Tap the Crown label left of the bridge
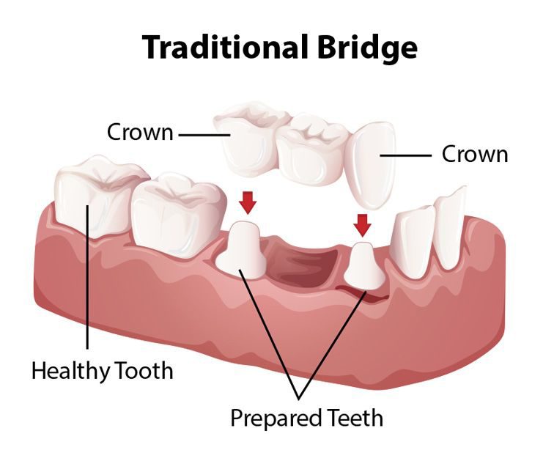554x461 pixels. (140, 133)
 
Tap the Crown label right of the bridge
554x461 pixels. (475, 154)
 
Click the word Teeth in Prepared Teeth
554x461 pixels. (355, 418)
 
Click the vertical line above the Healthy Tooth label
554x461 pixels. (87, 293)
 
